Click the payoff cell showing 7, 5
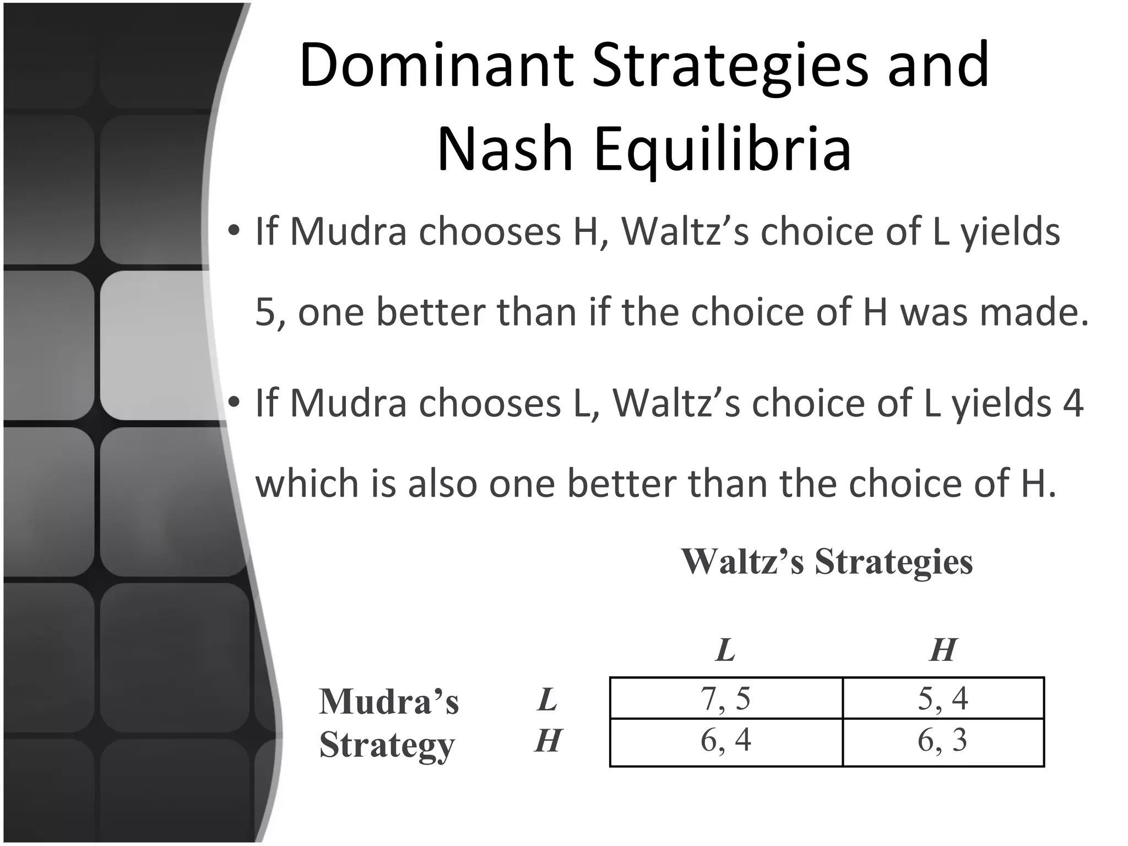[x=725, y=698]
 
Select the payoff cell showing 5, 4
[x=942, y=698]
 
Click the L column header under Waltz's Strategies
[x=725, y=650]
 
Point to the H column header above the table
[x=942, y=650]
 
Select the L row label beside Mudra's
[x=547, y=699]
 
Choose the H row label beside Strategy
[x=548, y=740]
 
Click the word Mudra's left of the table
[x=389, y=702]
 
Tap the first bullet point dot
[x=234, y=231]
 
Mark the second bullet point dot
[x=234, y=403]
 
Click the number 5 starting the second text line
[x=265, y=312]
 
